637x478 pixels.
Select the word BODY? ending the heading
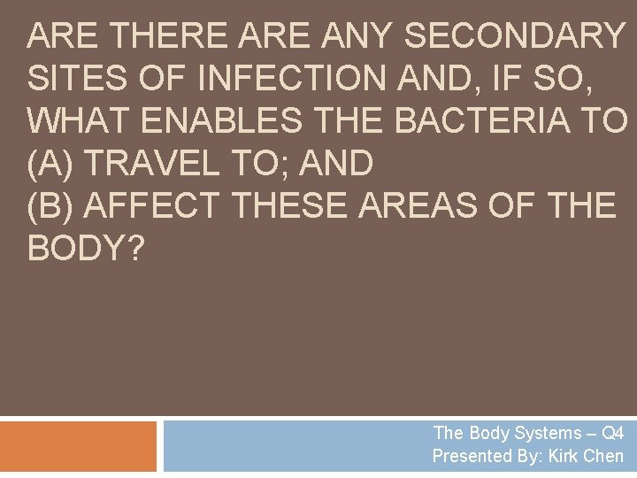point(85,248)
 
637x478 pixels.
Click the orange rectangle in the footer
point(78,446)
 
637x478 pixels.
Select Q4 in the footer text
point(611,434)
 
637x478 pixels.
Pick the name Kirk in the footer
point(566,457)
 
